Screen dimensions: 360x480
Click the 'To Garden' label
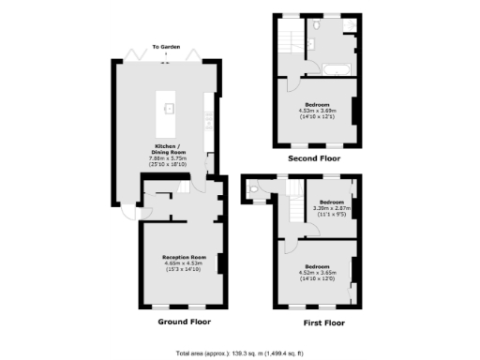(166, 45)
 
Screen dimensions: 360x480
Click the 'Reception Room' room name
(184, 256)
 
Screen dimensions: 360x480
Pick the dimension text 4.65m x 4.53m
(184, 263)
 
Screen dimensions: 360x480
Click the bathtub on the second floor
(336, 67)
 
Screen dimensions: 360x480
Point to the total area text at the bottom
(240, 352)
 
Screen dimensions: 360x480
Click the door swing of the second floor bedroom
(294, 82)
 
